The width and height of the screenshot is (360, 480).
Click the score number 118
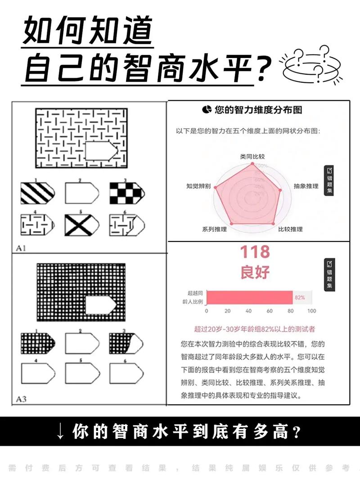(x=255, y=252)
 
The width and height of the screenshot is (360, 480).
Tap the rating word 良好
(x=255, y=272)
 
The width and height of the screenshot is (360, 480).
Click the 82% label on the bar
(x=300, y=297)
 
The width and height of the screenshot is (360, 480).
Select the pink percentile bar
(x=250, y=297)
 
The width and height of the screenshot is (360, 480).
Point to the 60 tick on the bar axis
(x=270, y=311)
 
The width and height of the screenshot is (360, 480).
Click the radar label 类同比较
(x=252, y=157)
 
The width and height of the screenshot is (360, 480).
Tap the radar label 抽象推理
(x=306, y=186)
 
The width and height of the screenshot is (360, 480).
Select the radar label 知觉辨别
(x=198, y=186)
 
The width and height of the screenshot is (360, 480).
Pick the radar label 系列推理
(x=215, y=229)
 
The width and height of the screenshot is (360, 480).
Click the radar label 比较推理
(x=291, y=229)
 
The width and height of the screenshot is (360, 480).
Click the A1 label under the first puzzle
(x=21, y=248)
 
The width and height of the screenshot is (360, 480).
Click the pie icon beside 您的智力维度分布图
(x=207, y=110)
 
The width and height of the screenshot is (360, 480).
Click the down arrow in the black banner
(x=60, y=432)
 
